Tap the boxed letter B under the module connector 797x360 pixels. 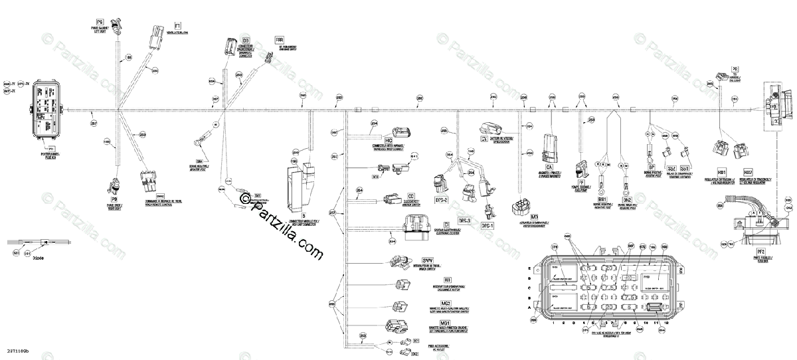(x=304, y=215)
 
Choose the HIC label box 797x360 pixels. (x=390, y=141)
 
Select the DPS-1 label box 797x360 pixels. (x=488, y=226)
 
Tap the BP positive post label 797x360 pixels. (x=652, y=167)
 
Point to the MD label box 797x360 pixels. (x=533, y=217)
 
